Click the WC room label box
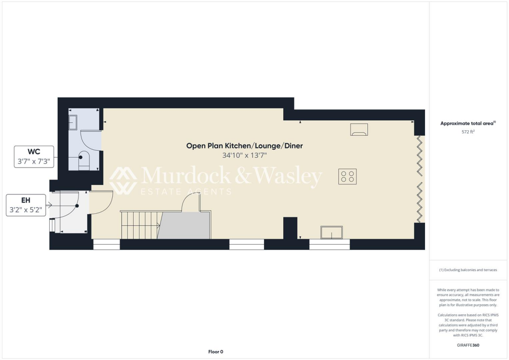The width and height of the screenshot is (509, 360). (34, 156)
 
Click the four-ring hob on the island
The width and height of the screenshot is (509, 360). (347, 176)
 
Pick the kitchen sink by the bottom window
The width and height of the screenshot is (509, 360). (332, 232)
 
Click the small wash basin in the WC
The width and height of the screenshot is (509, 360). (73, 121)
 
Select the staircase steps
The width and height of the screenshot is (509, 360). (140, 225)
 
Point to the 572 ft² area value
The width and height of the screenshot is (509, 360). (467, 132)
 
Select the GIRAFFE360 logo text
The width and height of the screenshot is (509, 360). (468, 345)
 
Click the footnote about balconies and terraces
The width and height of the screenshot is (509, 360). (468, 270)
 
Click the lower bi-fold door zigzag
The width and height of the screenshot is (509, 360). (420, 202)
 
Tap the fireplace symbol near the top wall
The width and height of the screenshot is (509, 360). (359, 129)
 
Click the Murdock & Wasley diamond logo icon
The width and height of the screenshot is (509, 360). (123, 180)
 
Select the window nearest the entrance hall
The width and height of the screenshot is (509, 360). (106, 244)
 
